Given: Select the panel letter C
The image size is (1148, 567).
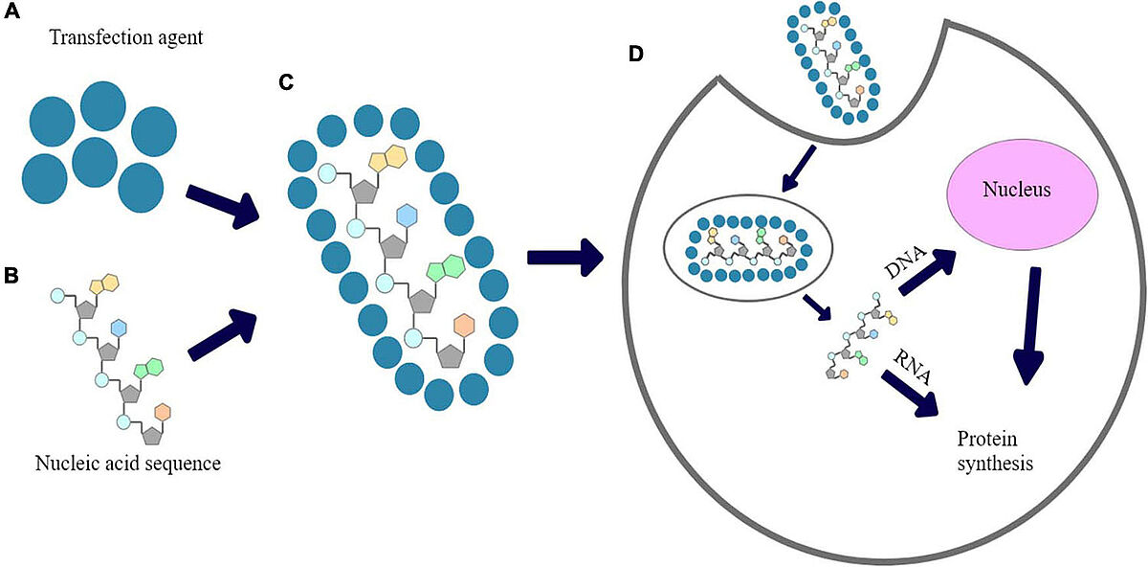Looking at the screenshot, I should point(286,82).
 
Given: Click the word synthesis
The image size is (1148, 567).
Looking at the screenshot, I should point(995,464).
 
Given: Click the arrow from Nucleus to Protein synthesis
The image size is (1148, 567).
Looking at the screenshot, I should point(1028,326).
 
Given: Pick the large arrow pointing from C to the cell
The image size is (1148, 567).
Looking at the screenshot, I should point(565,256).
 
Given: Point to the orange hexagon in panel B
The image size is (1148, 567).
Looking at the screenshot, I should point(163,411).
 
